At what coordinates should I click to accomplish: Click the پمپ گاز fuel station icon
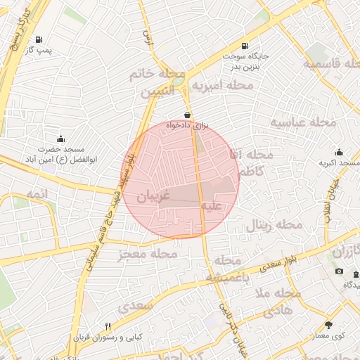click(x=37, y=39)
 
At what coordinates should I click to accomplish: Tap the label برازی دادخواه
click(x=188, y=125)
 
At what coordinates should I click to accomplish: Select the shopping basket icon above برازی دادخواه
click(x=187, y=115)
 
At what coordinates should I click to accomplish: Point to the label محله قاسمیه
click(x=331, y=63)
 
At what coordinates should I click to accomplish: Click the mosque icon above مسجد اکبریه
click(x=339, y=153)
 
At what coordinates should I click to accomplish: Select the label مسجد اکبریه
click(x=339, y=163)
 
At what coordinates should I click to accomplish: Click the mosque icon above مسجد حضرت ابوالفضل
click(x=60, y=139)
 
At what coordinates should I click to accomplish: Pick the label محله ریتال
click(x=274, y=226)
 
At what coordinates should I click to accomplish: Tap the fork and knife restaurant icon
click(x=108, y=326)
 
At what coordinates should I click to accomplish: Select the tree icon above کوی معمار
click(x=328, y=325)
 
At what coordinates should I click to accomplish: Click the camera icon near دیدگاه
click(x=340, y=271)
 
